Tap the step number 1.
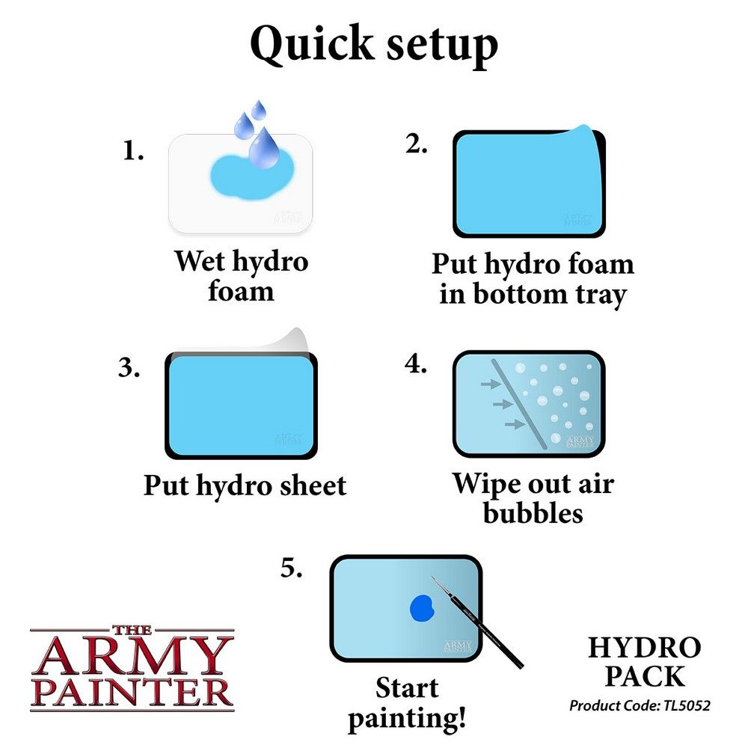coord(132,152)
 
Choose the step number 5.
coord(292,569)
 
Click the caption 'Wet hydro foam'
coord(241,276)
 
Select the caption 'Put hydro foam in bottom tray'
coord(532,279)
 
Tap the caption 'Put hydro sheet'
coord(245,485)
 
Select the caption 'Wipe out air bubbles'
coord(532,498)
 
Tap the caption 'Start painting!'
coord(407,703)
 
